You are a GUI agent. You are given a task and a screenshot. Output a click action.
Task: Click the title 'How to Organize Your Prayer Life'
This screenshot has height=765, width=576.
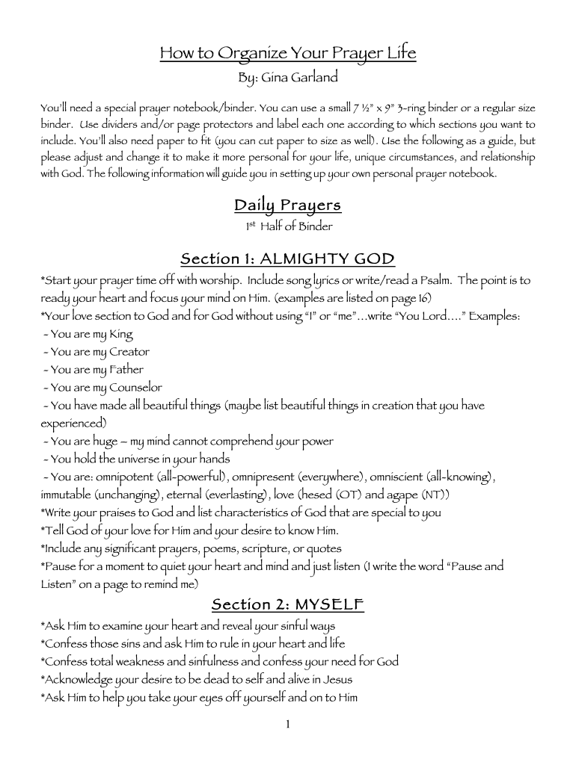pos(288,53)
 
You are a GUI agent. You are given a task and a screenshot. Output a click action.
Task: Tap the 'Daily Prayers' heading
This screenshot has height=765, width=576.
pos(287,205)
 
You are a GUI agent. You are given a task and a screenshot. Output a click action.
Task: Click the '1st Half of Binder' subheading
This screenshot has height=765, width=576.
pos(288,226)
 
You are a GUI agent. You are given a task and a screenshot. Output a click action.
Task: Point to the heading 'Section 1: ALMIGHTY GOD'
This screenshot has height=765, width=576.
pos(287,259)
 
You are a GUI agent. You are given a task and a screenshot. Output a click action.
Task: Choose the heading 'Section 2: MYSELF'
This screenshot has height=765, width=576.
pos(287,604)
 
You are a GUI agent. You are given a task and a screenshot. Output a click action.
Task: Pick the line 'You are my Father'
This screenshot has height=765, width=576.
pos(96,370)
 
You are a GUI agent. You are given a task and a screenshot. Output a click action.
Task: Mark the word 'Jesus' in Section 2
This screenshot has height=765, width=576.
pos(335,679)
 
